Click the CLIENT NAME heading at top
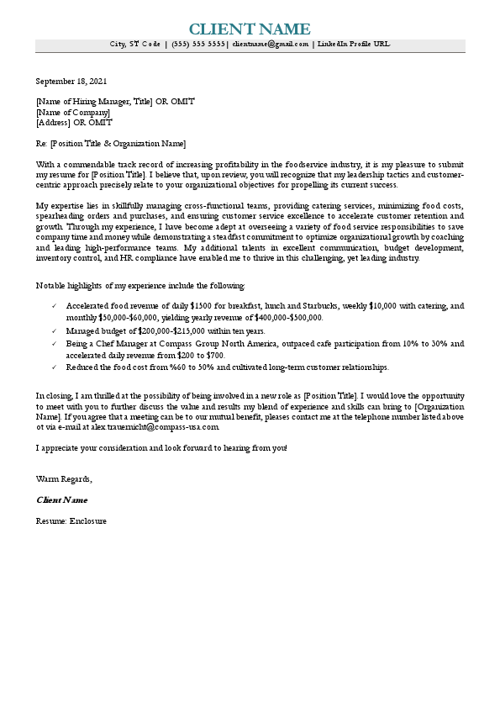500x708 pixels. point(250,29)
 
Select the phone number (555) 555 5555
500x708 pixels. point(197,44)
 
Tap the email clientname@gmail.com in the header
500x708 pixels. point(271,44)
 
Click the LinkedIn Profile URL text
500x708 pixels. point(353,44)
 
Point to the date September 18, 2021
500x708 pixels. point(71,82)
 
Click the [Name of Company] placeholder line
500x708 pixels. point(73,112)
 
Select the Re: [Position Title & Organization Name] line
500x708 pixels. point(111,143)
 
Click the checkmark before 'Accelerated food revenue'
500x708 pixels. point(55,307)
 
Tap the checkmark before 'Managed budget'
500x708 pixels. point(55,332)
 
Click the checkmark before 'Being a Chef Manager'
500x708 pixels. point(55,344)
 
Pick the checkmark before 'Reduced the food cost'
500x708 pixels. point(55,367)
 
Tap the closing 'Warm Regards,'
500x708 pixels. point(64,478)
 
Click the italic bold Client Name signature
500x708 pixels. point(61,499)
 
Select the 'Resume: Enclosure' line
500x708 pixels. point(71,520)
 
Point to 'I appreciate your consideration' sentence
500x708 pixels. point(161,447)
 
